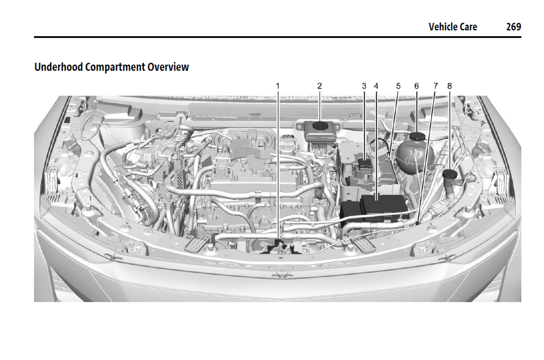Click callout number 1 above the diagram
coord(277,86)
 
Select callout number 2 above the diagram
coord(320,86)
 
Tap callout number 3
coord(364,86)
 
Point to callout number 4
coord(376,86)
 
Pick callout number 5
coord(398,86)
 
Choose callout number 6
coord(416,86)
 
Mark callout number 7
coord(436,86)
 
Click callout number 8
coord(450,86)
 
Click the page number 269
coord(514,27)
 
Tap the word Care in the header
coord(468,27)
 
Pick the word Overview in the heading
coord(168,67)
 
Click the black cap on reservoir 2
coord(320,126)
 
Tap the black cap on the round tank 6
coord(417,136)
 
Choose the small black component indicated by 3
coord(365,163)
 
